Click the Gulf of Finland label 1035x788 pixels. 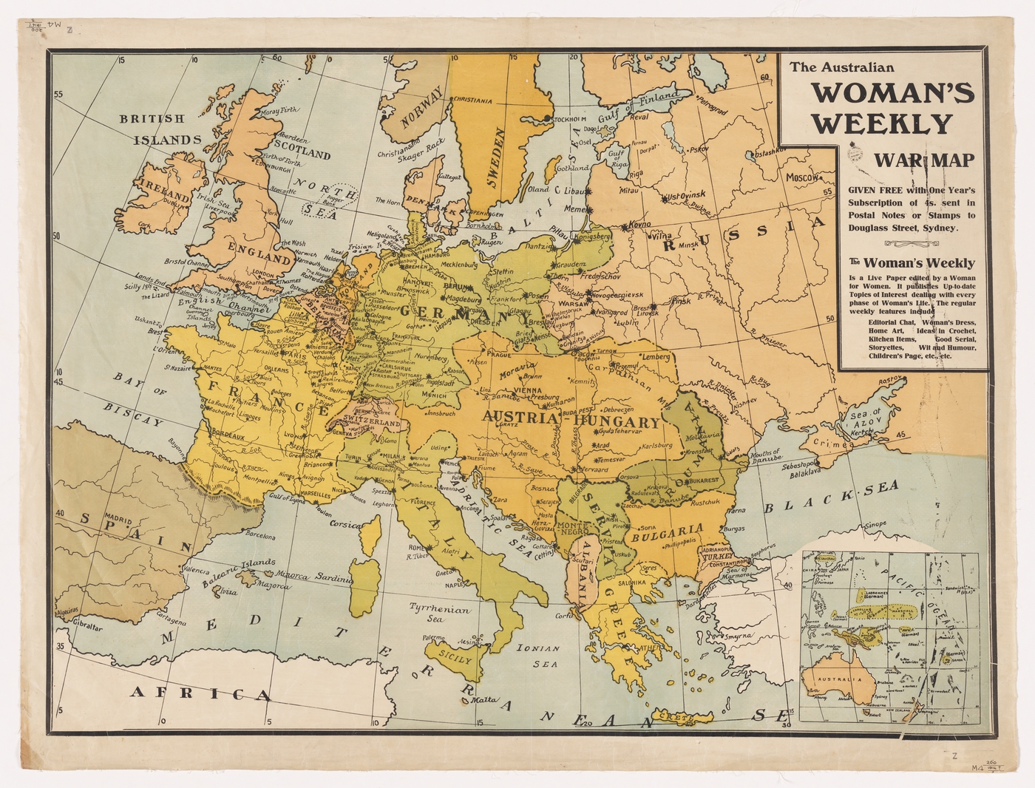[x=638, y=104]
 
